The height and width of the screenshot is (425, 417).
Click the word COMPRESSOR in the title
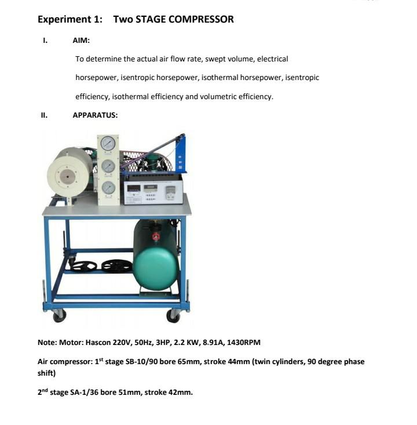coord(200,19)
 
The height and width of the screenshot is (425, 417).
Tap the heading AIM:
coord(81,41)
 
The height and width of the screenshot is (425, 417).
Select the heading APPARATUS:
coord(95,115)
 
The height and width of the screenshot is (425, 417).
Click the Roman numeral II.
coord(43,115)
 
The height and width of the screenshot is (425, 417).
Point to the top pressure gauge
coord(108,143)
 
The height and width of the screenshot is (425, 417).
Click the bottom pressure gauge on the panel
coord(108,187)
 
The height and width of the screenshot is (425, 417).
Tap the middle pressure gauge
coord(108,166)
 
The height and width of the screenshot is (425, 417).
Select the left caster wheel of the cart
coord(59,315)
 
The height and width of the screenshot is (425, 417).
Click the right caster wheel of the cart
coord(173,315)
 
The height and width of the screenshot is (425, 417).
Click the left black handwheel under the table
coord(83,266)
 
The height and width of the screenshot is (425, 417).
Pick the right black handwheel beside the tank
coord(116,266)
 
